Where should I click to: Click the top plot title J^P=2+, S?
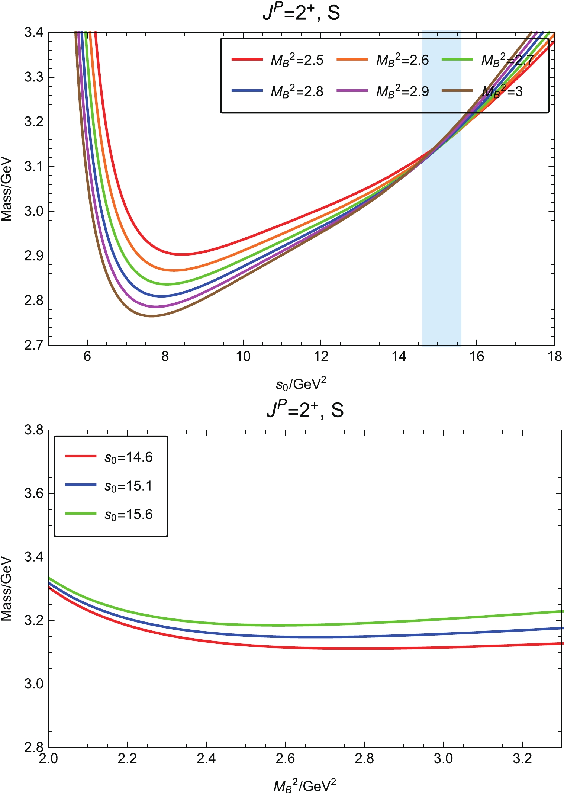tap(301, 13)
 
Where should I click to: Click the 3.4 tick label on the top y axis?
tap(34, 33)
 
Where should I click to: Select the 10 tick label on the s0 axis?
tap(243, 357)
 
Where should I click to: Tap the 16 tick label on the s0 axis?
tap(477, 357)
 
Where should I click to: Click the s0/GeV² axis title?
tap(301, 384)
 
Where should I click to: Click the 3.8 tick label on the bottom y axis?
tap(34, 430)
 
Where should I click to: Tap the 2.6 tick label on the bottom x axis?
tap(285, 758)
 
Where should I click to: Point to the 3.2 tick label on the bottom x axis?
tap(522, 758)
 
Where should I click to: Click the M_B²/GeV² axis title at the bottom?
tap(305, 785)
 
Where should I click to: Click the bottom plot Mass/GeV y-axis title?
tap(7, 588)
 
